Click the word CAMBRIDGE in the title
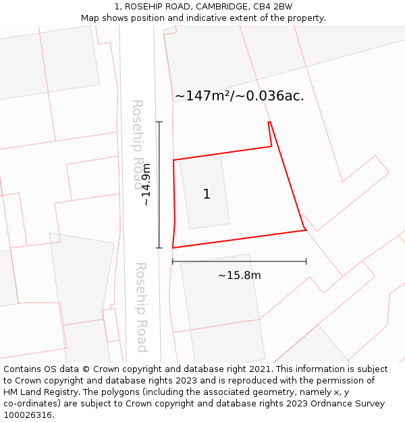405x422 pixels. (217, 7)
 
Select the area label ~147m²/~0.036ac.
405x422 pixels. (239, 96)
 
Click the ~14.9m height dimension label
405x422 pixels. (146, 185)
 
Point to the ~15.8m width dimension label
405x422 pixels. (239, 275)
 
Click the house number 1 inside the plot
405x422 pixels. (207, 194)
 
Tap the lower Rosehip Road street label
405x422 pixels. (141, 307)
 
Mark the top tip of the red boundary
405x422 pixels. (269, 122)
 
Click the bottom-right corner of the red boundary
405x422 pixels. (306, 230)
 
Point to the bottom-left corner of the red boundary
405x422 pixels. (173, 248)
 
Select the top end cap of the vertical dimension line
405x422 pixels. (159, 122)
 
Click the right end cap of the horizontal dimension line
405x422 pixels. (306, 261)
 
